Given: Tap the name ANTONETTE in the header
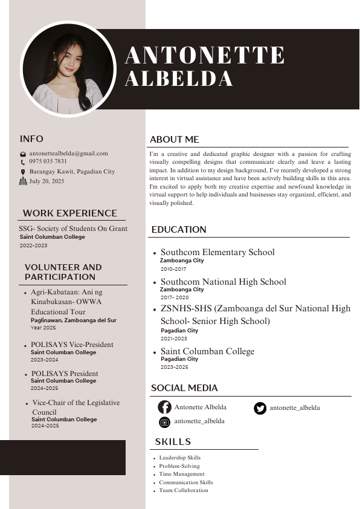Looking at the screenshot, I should [x=205, y=55].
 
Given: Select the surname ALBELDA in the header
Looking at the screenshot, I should [x=179, y=79].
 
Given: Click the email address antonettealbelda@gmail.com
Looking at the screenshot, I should [x=68, y=154].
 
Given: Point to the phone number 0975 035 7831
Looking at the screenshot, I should [x=48, y=161].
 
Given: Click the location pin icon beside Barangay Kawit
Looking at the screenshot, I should [x=23, y=172].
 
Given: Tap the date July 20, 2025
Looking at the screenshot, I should [x=47, y=181].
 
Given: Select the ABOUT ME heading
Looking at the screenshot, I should [x=175, y=140].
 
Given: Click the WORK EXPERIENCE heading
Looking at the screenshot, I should [x=70, y=213].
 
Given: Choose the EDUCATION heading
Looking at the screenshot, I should [x=179, y=230].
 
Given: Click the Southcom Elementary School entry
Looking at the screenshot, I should [x=217, y=252].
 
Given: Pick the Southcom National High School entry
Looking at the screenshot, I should [x=223, y=282].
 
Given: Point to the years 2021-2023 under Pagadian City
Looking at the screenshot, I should [x=174, y=339].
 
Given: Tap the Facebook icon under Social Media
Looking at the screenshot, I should [x=164, y=407].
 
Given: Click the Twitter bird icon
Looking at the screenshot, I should [x=260, y=408].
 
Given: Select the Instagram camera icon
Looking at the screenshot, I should [x=164, y=422].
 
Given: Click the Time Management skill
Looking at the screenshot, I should [x=182, y=474].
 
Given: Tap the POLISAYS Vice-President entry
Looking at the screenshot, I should [x=72, y=345].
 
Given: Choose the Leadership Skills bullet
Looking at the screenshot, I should [x=180, y=458].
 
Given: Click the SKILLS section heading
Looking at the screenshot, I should [x=173, y=442].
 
